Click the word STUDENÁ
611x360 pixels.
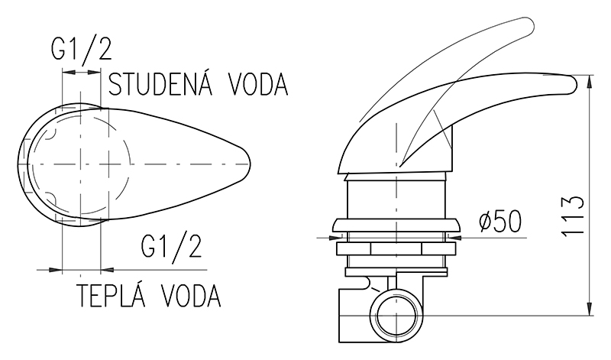[160, 84]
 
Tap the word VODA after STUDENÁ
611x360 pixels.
[258, 84]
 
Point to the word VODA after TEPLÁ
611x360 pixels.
[191, 295]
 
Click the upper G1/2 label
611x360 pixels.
[82, 50]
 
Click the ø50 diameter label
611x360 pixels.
[500, 222]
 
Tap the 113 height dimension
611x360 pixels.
[573, 215]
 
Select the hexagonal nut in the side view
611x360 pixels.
[396, 248]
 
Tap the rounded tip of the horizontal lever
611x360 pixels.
[573, 84]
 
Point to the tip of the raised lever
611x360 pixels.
[530, 24]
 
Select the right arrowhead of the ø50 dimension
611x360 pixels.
[455, 237]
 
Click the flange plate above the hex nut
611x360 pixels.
[396, 225]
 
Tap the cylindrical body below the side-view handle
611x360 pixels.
[396, 196]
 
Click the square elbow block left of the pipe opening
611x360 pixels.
[354, 315]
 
